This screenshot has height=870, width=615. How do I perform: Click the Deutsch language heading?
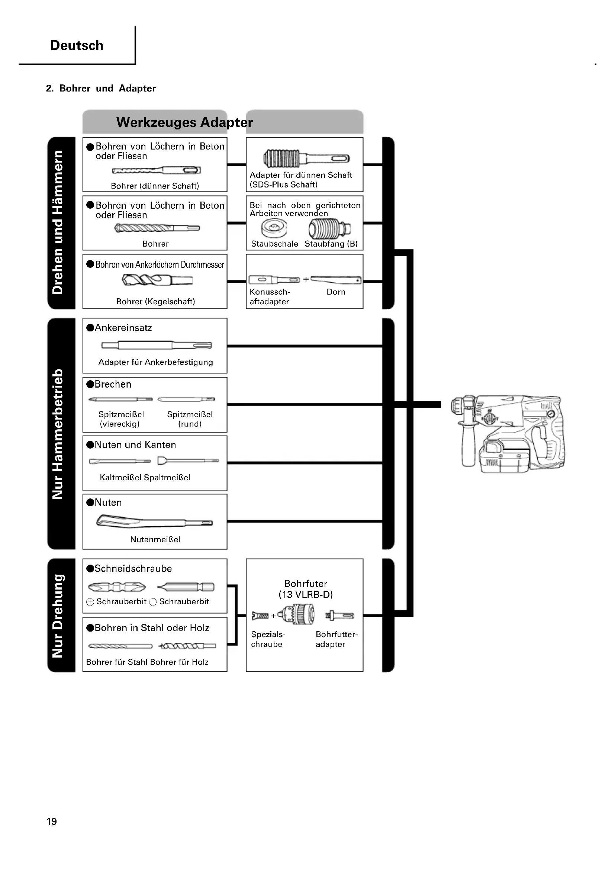(77, 45)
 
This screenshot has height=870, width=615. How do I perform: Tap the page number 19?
(52, 822)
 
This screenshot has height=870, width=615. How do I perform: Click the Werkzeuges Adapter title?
(184, 122)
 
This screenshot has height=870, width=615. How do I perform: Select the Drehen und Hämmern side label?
(58, 222)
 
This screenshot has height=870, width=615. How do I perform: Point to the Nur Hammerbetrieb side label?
(58, 434)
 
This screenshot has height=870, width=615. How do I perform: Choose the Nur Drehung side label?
(58, 616)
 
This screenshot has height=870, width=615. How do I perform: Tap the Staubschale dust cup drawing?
(274, 228)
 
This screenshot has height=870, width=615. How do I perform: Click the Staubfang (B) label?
(331, 244)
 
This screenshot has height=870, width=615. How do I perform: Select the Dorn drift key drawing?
(335, 280)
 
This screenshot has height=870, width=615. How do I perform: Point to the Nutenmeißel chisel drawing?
(155, 521)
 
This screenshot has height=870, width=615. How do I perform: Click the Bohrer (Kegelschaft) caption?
(155, 302)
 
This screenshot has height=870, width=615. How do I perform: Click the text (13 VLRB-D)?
(306, 594)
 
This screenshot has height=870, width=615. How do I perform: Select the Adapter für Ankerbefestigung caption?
(155, 362)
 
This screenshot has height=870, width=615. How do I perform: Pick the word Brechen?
(113, 384)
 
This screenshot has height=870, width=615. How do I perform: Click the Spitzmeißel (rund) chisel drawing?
(186, 399)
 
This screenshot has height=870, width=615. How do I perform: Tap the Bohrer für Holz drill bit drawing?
(187, 646)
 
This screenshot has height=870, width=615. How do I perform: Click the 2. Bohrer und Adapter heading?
(101, 89)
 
